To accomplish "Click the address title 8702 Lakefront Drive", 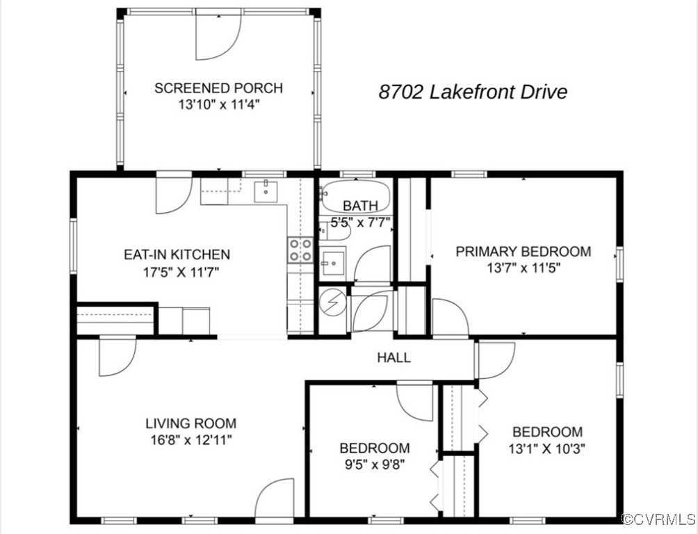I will point(473,92).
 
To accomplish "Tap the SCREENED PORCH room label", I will point(218,88).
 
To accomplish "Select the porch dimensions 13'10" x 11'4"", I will point(218,105).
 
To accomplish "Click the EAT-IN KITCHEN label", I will point(177,254).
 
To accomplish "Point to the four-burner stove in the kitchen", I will point(300,250).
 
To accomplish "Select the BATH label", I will point(361,206).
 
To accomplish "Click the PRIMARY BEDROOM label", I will point(523,251).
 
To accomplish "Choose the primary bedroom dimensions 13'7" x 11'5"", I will point(523,267).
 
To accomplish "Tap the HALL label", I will point(393,358).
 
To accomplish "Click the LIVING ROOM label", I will point(190,423).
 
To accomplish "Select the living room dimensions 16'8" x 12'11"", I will point(190,439).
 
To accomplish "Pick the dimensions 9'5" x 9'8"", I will point(374,464).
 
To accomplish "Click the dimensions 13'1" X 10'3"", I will point(547,448).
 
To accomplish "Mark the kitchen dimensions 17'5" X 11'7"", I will point(177,271).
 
